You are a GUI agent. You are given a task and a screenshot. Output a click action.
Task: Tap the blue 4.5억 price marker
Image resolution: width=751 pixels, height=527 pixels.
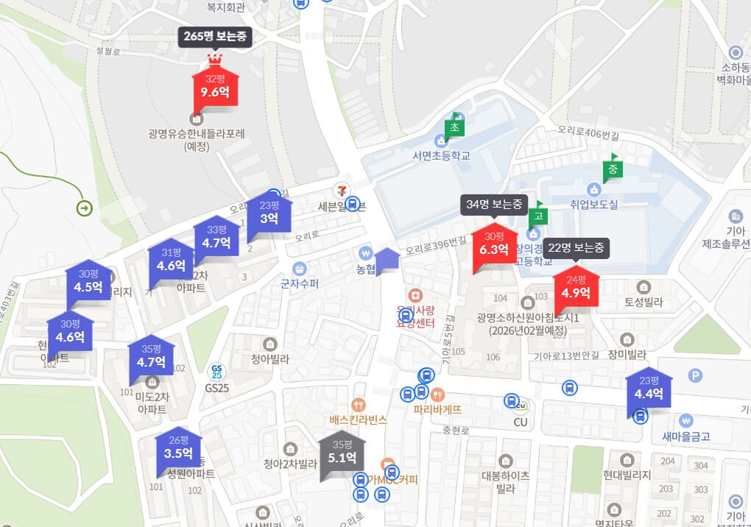tap(88, 282)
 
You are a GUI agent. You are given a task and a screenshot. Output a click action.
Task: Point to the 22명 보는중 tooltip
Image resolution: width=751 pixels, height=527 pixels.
tap(576, 247)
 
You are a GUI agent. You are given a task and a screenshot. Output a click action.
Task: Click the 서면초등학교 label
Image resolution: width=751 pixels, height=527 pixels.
tap(441, 155)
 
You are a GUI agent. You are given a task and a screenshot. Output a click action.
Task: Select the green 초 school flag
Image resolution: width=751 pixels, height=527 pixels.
tap(454, 127)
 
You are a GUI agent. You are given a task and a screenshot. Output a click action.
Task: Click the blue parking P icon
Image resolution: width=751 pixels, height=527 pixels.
tap(694, 375)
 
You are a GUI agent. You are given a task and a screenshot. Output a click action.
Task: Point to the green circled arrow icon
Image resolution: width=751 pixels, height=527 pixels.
tap(84, 208)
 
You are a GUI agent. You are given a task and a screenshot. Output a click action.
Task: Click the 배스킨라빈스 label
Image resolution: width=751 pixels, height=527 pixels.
tap(359, 420)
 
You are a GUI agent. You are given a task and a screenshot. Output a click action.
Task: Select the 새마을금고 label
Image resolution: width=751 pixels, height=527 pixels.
tap(685, 436)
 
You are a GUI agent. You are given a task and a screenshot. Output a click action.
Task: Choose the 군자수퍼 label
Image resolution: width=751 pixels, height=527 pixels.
tap(300, 283)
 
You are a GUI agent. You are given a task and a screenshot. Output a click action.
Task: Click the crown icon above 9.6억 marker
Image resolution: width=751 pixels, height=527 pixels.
tap(215, 59)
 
